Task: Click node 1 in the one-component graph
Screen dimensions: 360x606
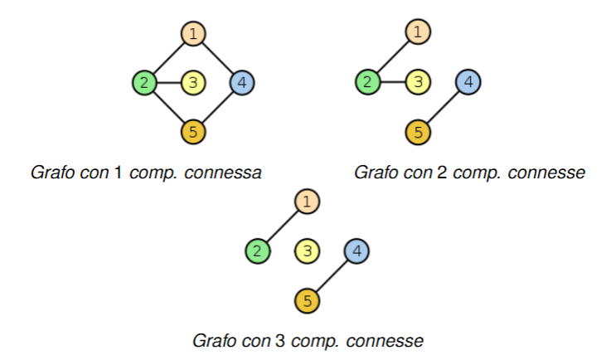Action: point(193,34)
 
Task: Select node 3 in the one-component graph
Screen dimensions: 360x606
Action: point(193,82)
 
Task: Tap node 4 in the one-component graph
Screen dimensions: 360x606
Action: point(241,82)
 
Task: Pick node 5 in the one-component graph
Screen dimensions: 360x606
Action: point(193,131)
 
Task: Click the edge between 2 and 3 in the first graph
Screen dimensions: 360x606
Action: point(169,82)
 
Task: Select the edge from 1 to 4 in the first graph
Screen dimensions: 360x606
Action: point(217,58)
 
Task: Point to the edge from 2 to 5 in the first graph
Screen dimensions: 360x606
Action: point(169,107)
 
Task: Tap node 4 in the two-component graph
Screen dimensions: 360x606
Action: point(468,82)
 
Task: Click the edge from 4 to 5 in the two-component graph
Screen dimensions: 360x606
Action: point(443,107)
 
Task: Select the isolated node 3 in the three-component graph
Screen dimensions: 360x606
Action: point(307,250)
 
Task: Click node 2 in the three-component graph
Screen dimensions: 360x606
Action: point(258,250)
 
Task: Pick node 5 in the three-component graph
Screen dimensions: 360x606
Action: point(307,299)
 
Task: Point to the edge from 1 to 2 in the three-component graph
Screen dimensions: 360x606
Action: point(283,225)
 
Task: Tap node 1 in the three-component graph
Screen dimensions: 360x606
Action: point(307,201)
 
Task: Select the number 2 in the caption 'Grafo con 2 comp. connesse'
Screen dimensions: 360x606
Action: point(440,173)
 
